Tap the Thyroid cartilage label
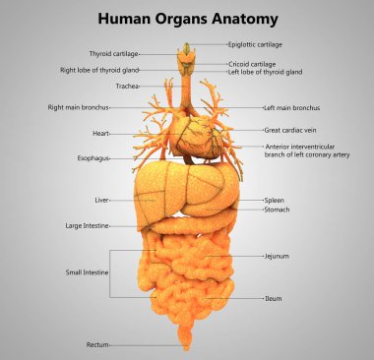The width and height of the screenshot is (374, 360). point(114,54)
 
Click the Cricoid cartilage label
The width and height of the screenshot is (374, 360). point(252,63)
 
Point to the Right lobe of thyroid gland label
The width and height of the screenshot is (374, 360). point(98,71)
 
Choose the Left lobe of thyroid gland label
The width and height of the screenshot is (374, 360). point(264,72)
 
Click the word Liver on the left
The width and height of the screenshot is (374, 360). point(101,199)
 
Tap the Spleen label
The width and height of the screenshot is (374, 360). point(275,200)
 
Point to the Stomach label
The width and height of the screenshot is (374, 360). point(277,209)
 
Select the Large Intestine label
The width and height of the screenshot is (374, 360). point(88,225)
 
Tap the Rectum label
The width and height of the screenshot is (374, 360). point(97,345)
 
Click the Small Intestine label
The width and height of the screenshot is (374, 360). point(87,271)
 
